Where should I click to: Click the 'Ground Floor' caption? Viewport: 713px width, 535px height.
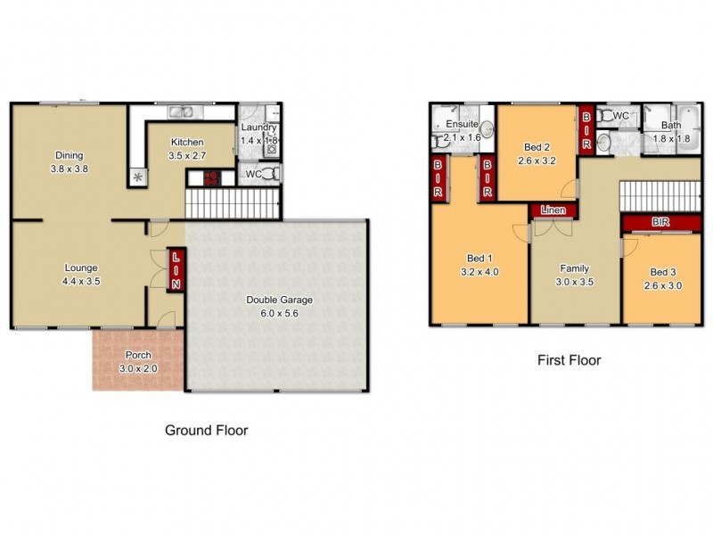[207, 430]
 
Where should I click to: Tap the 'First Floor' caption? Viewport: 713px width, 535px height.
[569, 361]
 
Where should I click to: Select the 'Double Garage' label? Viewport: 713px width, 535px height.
[280, 300]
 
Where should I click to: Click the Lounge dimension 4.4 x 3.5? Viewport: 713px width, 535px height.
[81, 280]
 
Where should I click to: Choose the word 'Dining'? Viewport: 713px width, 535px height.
[69, 153]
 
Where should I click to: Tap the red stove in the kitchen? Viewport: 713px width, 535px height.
[210, 177]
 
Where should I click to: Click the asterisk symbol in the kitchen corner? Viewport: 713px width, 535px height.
[137, 177]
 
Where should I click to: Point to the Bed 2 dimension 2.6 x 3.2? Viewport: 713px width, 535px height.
[537, 161]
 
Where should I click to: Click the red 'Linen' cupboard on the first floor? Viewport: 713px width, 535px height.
[550, 210]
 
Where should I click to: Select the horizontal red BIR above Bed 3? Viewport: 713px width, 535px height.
[660, 221]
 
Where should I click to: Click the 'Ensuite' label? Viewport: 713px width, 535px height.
[463, 124]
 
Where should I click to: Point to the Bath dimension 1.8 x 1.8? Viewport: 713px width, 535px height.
[671, 139]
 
